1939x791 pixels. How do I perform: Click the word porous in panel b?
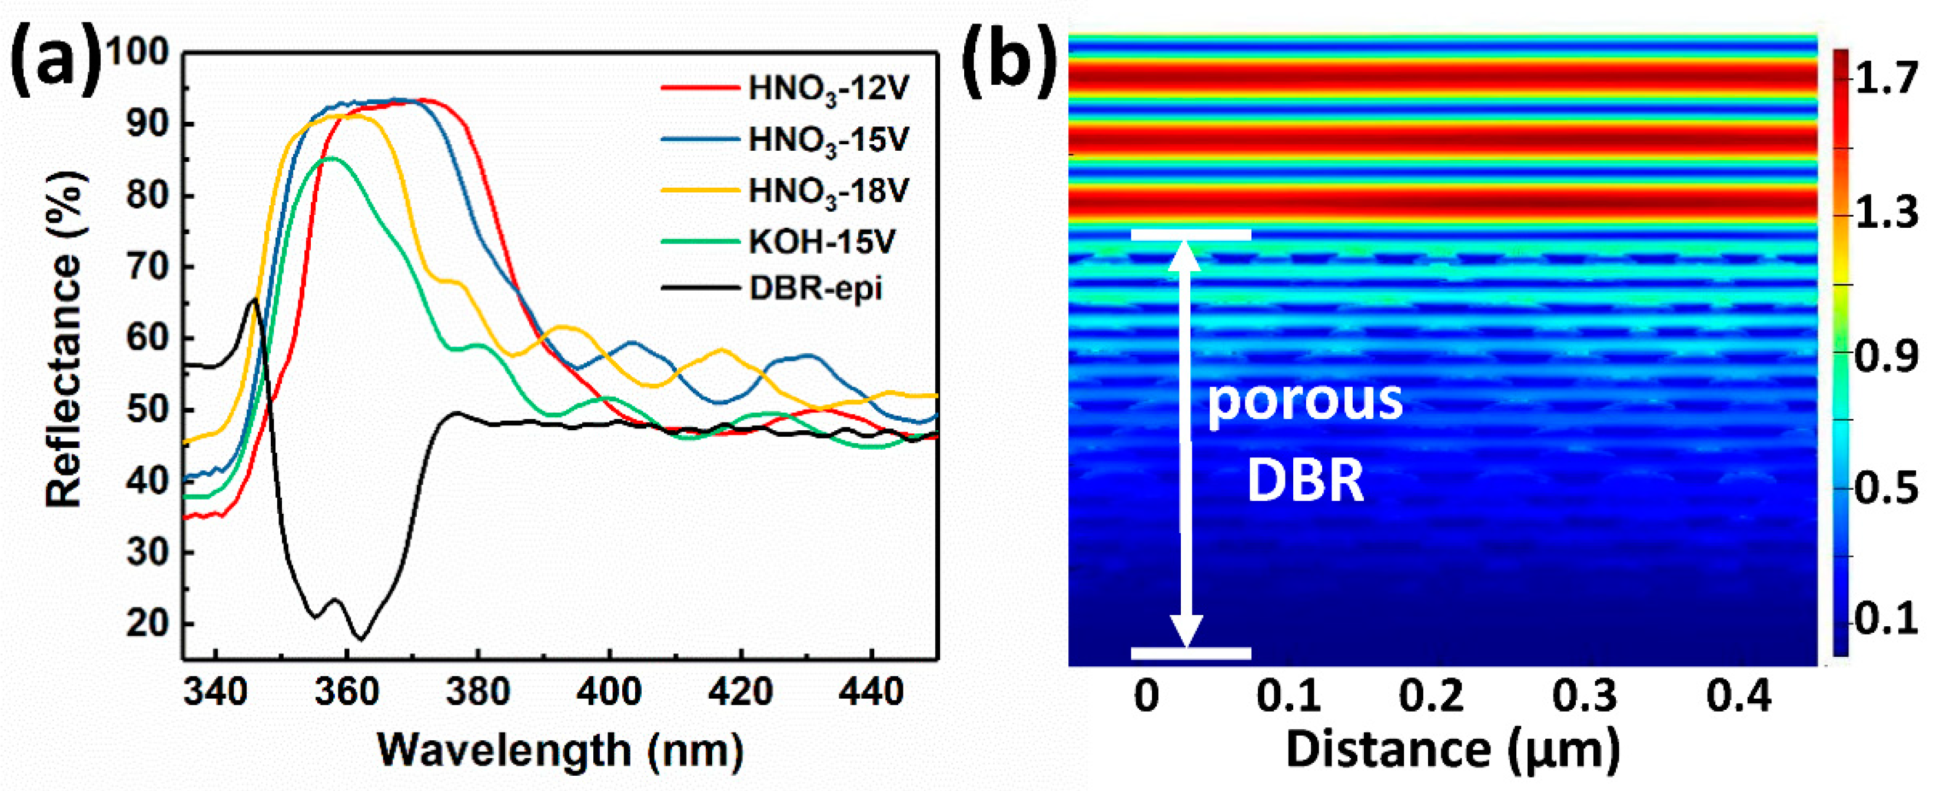point(1305,400)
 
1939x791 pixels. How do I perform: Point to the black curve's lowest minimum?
point(361,640)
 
